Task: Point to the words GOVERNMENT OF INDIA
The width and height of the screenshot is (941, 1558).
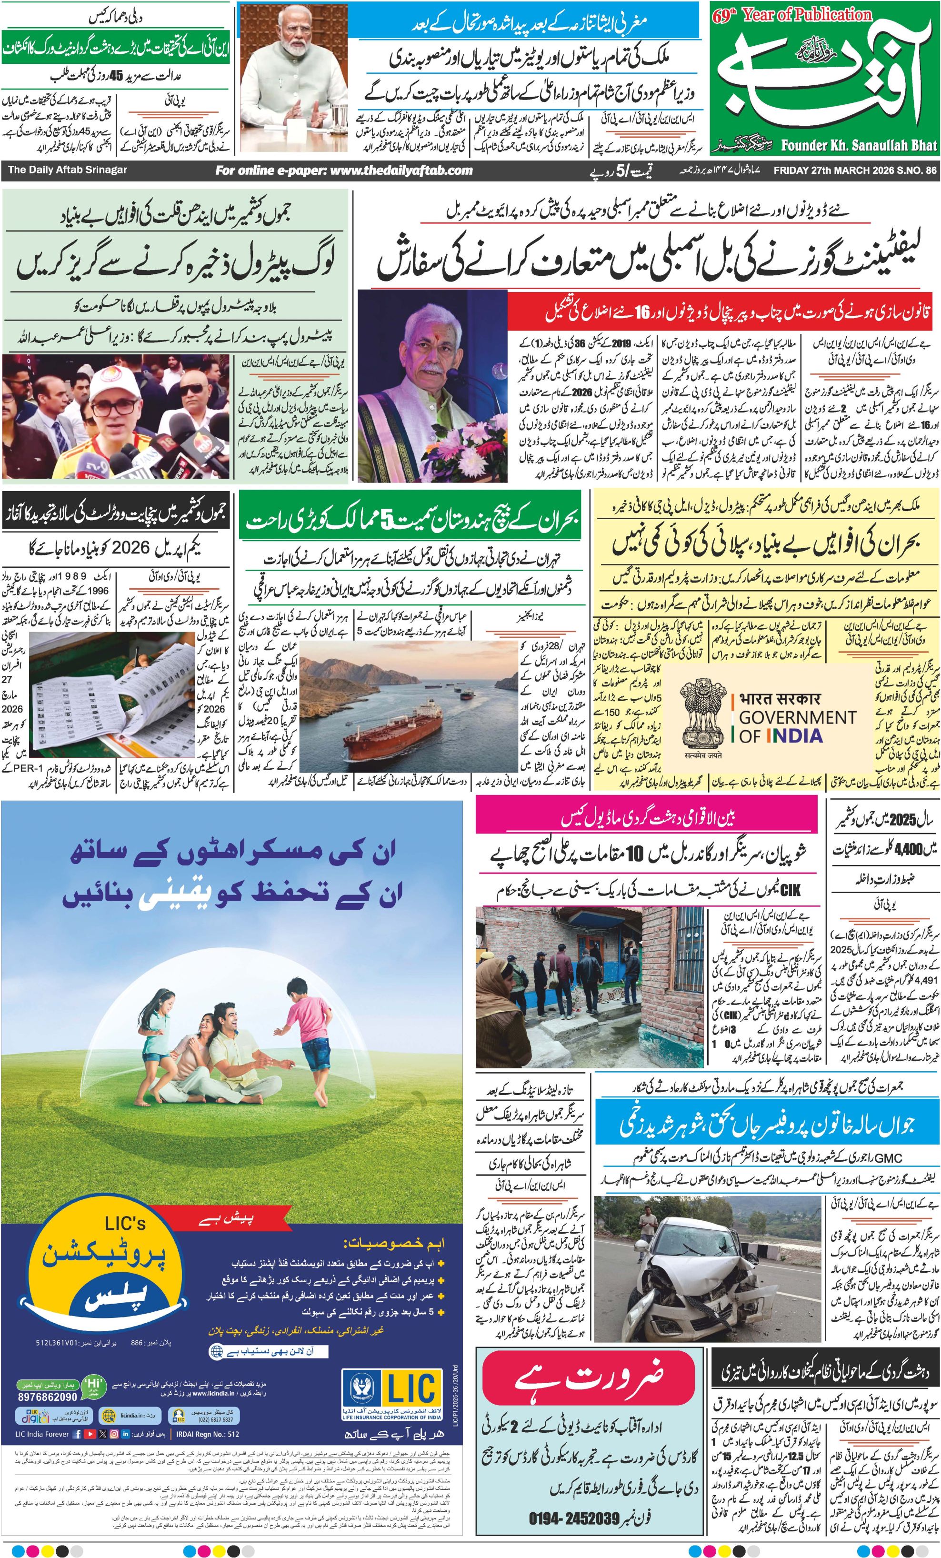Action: [796, 726]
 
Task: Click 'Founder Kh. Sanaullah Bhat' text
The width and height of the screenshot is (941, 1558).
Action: [858, 145]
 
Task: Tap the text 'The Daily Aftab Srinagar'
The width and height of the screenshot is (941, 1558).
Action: [67, 170]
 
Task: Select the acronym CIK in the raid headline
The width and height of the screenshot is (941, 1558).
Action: [790, 890]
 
